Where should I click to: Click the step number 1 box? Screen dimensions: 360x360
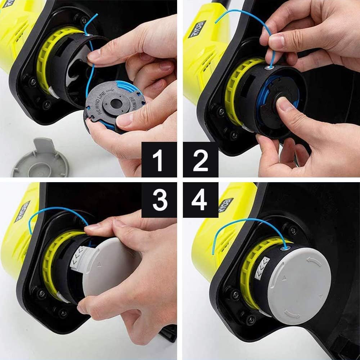[159, 159]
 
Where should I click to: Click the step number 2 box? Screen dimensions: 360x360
[201, 159]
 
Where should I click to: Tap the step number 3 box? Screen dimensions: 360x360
[159, 200]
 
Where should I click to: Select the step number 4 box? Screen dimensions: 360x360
[201, 200]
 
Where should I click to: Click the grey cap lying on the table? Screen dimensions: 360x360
[40, 161]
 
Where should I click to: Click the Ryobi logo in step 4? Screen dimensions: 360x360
[226, 205]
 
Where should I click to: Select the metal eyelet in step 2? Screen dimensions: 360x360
[271, 68]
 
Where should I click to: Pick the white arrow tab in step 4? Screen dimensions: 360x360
[262, 268]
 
